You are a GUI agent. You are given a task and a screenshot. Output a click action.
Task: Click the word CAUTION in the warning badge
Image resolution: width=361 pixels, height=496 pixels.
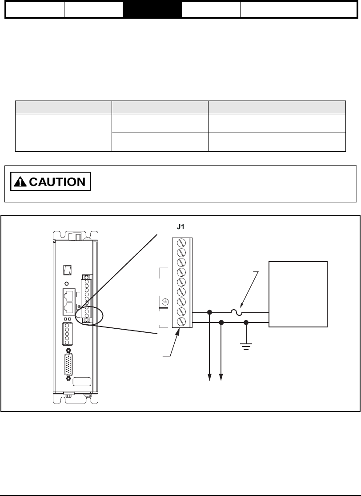[x=57, y=181]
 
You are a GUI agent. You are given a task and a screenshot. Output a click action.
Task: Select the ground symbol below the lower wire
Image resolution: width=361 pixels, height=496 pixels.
[x=246, y=345]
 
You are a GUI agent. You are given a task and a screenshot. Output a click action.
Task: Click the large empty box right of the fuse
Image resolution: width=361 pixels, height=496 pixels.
[x=298, y=294]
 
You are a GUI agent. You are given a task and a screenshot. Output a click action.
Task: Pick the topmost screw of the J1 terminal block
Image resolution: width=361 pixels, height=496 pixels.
[x=181, y=243]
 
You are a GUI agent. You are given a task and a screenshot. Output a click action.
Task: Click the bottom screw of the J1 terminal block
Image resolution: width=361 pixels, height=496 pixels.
[x=181, y=321]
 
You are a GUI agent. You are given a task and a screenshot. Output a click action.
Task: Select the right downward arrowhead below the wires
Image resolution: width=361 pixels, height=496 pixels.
[x=221, y=378]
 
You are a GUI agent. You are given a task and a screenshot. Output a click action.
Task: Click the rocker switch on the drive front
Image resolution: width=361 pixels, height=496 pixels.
[x=67, y=270]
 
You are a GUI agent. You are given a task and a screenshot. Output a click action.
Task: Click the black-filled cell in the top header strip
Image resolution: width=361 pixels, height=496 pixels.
[x=152, y=9]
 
